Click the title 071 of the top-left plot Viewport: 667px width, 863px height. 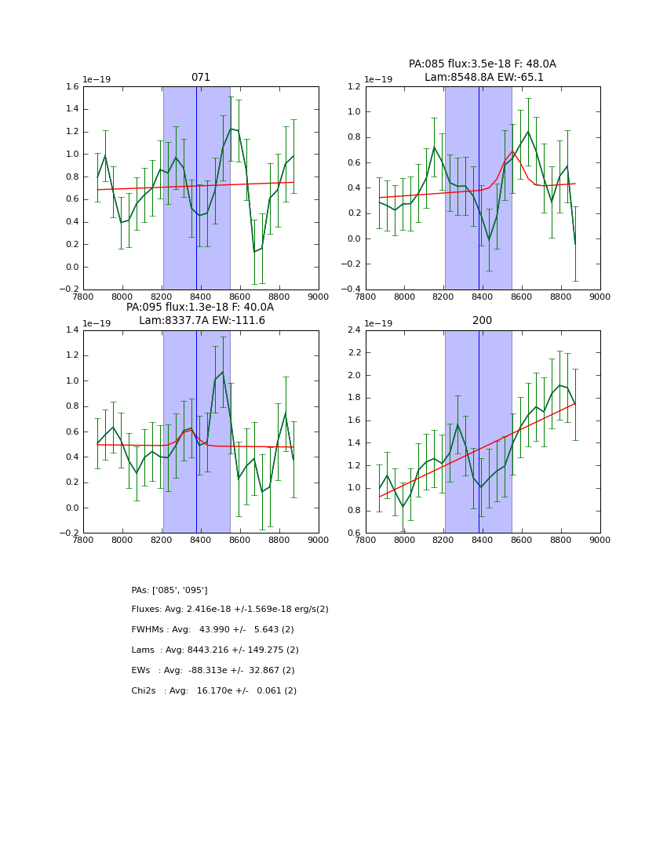tap(201, 78)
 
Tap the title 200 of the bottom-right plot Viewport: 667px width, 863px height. tap(482, 321)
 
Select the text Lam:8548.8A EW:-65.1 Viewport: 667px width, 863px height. tap(483, 78)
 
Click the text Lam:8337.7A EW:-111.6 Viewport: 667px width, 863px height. tap(202, 321)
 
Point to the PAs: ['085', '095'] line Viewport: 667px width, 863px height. tap(169, 590)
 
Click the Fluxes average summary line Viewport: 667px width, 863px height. tap(230, 610)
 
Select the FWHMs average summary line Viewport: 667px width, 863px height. tap(213, 630)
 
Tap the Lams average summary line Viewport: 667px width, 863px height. tap(215, 650)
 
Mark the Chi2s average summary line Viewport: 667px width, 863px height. tap(213, 691)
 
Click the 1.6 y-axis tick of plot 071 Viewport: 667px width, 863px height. tap(71, 87)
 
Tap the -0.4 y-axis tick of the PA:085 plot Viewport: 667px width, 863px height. tap(351, 289)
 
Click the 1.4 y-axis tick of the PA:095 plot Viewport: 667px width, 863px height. tap(71, 330)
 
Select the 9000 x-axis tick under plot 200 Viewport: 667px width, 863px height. tap(600, 540)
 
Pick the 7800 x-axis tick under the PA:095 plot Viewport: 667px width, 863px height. tap(83, 540)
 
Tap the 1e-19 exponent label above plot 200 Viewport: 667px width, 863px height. tap(379, 323)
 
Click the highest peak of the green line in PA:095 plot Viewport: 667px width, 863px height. tap(223, 372)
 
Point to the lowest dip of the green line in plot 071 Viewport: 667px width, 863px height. tap(254, 251)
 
